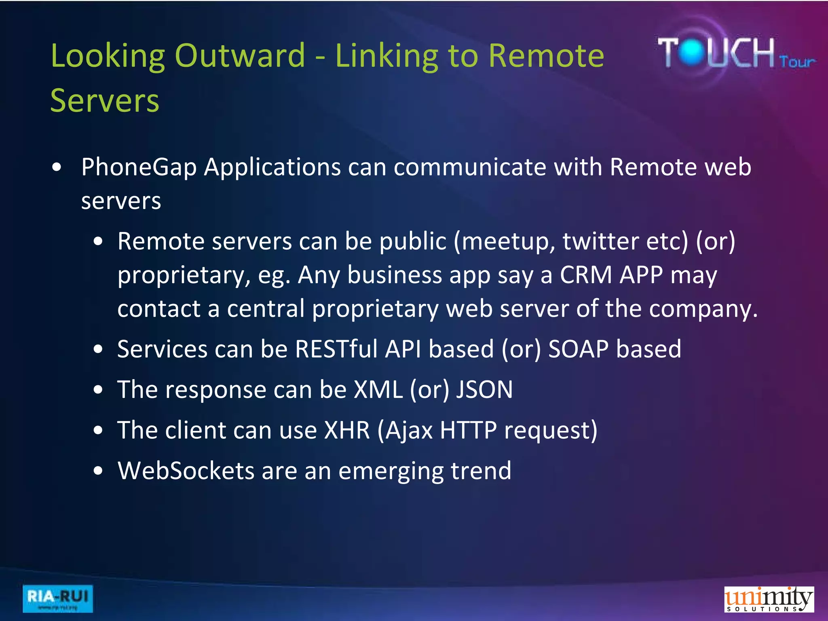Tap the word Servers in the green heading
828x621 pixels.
click(x=105, y=101)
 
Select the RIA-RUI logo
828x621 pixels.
click(x=57, y=598)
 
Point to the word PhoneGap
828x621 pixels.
click(x=139, y=167)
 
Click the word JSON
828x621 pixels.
click(x=484, y=390)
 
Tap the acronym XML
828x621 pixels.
click(x=378, y=390)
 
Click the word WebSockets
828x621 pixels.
click(x=186, y=471)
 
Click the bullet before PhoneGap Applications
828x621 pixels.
click(x=57, y=167)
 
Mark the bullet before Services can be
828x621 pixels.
click(x=98, y=349)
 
